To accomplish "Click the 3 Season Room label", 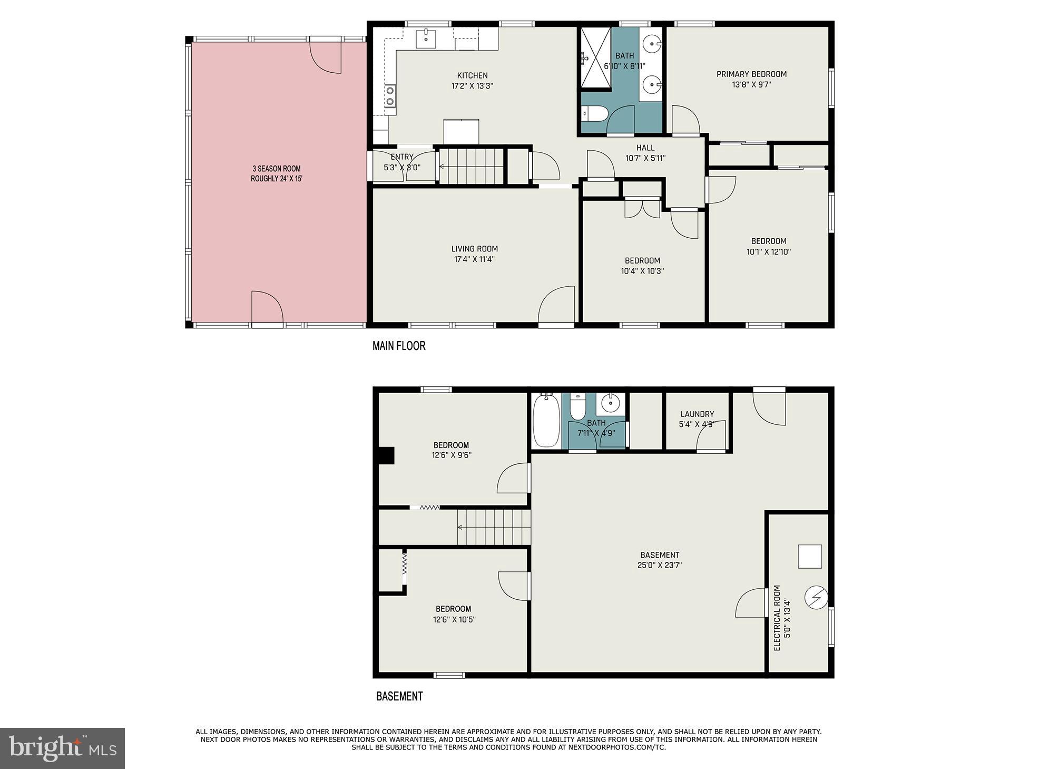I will point(276,169).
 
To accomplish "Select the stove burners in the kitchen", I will point(390,96).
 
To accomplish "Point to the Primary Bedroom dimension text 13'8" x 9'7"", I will point(751,84).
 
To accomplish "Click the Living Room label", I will point(474,249).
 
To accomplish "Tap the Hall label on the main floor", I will point(645,148).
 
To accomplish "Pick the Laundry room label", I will point(697,414).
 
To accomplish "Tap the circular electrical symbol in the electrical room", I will point(816,598).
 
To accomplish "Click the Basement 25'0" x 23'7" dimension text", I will point(660,566).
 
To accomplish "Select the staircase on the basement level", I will point(493,527).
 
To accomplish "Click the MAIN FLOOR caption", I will point(399,346).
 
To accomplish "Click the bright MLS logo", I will point(62,748).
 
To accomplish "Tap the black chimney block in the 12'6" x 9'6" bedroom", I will point(387,455).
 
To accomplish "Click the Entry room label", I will point(401,157).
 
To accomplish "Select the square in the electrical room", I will point(810,557).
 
